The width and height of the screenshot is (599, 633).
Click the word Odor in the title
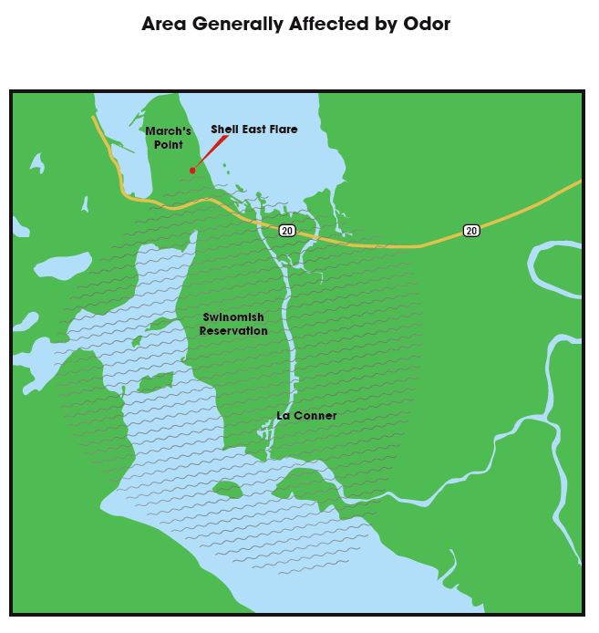(x=427, y=24)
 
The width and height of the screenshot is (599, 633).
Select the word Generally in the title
(x=234, y=24)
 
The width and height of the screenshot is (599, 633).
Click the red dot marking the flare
(x=192, y=170)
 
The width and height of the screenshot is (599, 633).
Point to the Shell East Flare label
(x=253, y=130)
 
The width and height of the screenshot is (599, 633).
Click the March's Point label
(x=168, y=138)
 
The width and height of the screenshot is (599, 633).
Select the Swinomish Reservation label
(x=233, y=324)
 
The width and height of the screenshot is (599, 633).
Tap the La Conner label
(x=306, y=416)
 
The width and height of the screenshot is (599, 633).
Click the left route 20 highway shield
(x=287, y=231)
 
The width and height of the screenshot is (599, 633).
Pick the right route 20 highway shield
(x=470, y=231)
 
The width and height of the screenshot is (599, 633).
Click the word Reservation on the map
(x=233, y=330)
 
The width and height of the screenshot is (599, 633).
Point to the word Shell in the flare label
(x=224, y=130)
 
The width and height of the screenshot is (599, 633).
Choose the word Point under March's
(x=169, y=145)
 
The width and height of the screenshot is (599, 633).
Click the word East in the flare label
(x=253, y=130)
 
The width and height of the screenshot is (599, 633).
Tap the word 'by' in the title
(x=387, y=24)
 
